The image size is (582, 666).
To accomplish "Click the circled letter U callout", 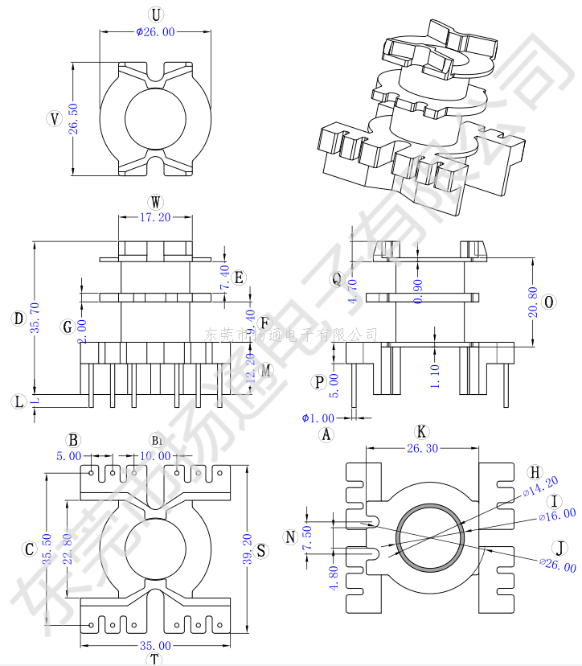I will (x=155, y=15).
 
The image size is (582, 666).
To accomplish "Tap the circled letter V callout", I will (x=54, y=119).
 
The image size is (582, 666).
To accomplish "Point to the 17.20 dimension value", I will (x=155, y=217).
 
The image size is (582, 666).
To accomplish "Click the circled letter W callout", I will (x=155, y=201).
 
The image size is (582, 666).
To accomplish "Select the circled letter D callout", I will (x=18, y=319).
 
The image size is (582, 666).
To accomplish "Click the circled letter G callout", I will (x=68, y=327).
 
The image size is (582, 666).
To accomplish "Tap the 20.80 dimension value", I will (x=532, y=302).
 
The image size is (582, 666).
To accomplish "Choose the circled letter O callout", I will (x=549, y=302).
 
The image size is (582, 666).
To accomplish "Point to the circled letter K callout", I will (x=421, y=432).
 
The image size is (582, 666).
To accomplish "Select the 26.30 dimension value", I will (x=422, y=449).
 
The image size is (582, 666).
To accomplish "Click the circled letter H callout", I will (x=535, y=472).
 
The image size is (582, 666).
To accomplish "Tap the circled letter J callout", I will (x=560, y=548).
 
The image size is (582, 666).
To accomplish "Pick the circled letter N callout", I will (x=290, y=536).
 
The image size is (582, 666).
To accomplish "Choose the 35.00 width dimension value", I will (x=154, y=645).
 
